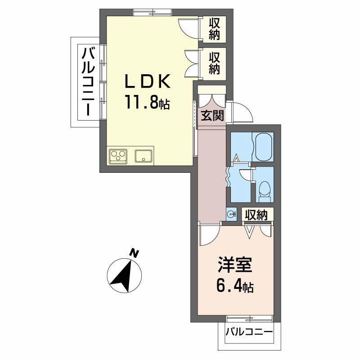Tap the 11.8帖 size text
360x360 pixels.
(x=147, y=103)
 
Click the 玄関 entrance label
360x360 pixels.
(x=212, y=116)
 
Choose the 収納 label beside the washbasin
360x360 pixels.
(x=256, y=215)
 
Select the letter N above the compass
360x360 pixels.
(x=133, y=253)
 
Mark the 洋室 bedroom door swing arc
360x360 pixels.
(x=209, y=234)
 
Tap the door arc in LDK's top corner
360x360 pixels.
(x=189, y=27)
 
